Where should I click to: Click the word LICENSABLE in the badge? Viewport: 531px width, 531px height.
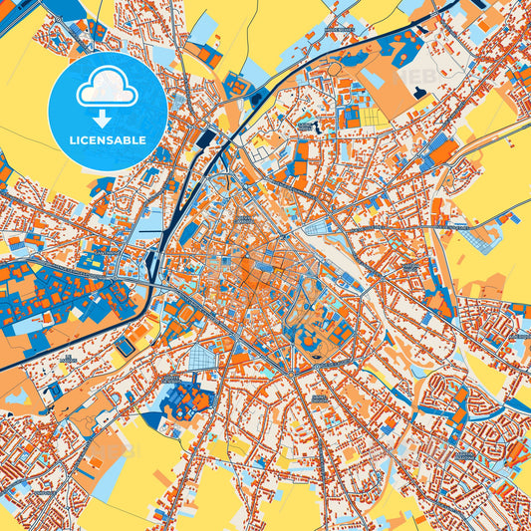tap(109, 140)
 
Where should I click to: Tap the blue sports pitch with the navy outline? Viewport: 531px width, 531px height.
tap(125, 347)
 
